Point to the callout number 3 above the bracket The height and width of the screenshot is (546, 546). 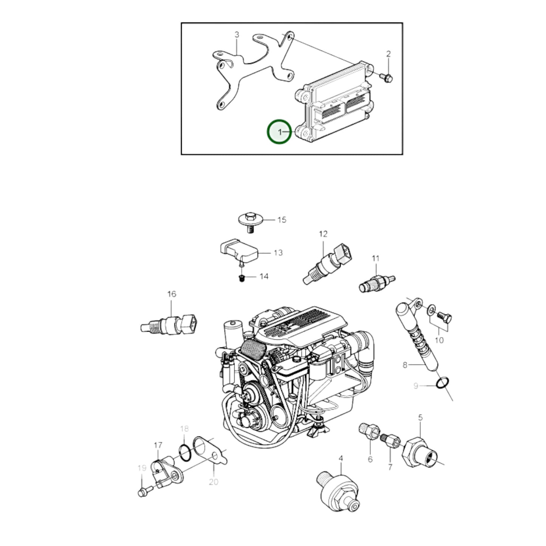[237, 35]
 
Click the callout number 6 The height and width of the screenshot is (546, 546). [370, 459]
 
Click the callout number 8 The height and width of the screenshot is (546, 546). [405, 365]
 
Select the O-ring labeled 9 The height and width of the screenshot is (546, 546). [442, 383]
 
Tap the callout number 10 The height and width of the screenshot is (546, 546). [439, 340]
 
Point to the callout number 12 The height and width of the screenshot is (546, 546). [323, 234]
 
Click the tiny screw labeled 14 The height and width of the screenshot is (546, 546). [241, 279]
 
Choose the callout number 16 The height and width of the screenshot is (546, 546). [172, 294]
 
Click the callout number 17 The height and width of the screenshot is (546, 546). [158, 445]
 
